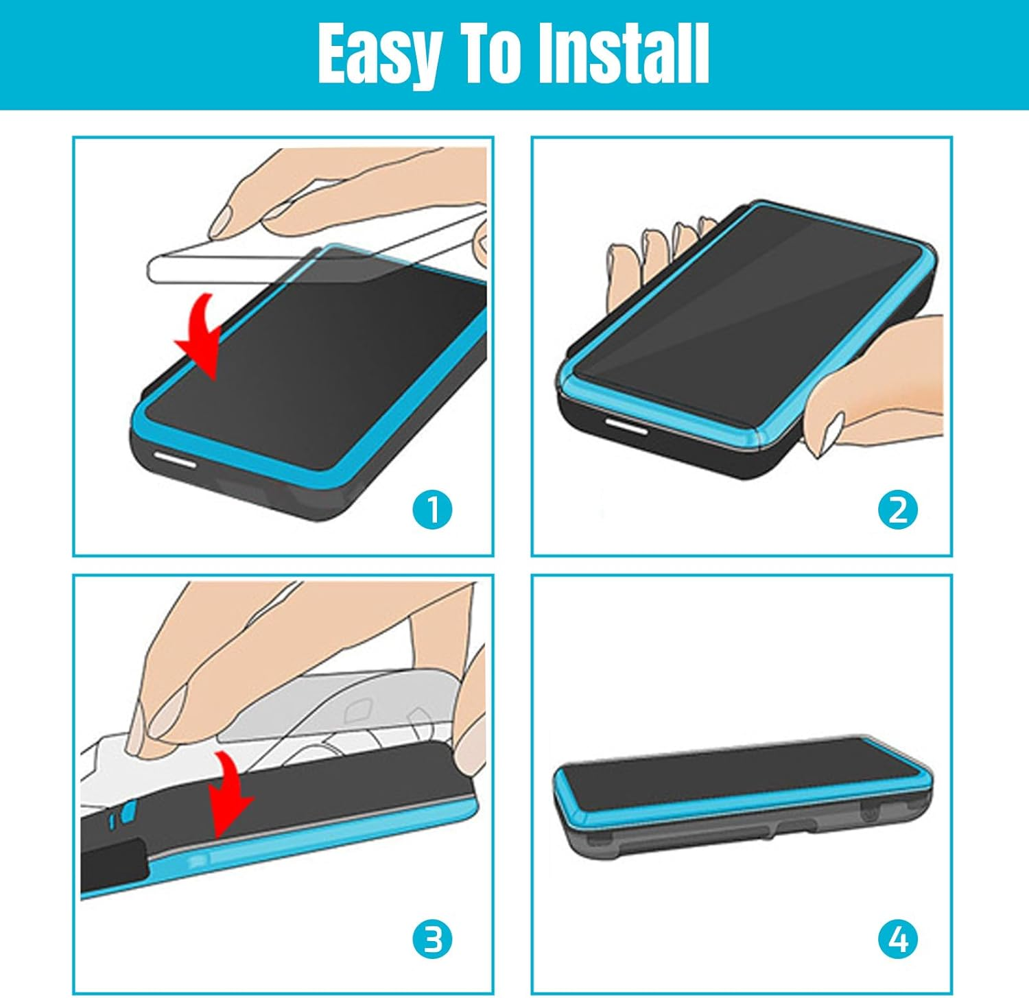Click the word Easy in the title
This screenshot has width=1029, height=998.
pos(379,55)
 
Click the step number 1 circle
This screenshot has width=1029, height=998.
pos(432,510)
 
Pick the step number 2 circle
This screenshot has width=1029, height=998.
pos(897,510)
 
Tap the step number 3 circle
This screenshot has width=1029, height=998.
pos(432,939)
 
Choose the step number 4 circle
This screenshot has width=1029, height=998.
pos(897,939)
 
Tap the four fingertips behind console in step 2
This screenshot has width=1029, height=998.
pos(659,240)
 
